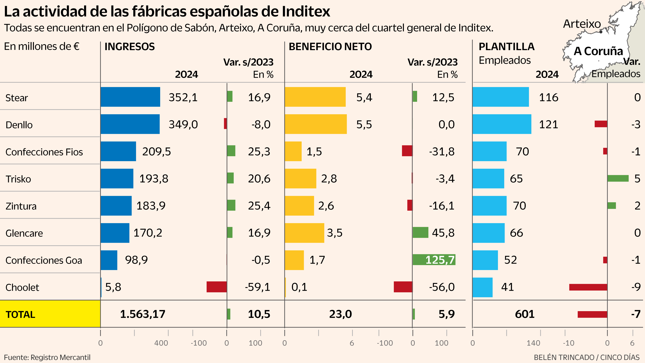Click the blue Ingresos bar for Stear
[130, 97]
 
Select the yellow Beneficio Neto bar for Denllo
[315, 124]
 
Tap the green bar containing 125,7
[434, 260]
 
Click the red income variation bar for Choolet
[217, 287]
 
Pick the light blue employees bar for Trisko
[488, 178]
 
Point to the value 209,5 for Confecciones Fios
[157, 151]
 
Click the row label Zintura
[21, 206]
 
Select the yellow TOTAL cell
[50, 314]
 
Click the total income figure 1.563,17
[143, 314]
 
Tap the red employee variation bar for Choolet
[588, 287]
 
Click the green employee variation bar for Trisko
[618, 178]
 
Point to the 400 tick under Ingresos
[161, 343]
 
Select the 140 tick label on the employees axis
[533, 343]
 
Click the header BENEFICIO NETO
[330, 47]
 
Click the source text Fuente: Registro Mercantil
[47, 357]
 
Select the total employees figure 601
[525, 314]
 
